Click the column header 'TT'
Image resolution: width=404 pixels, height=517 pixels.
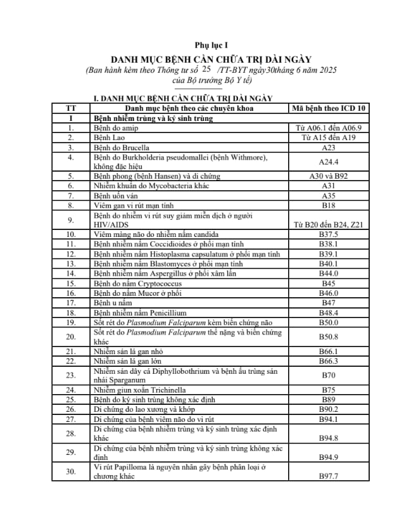tap(72, 108)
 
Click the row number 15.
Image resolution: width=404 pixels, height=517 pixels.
tap(72, 283)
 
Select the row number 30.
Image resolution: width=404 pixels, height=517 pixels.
tap(72, 471)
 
